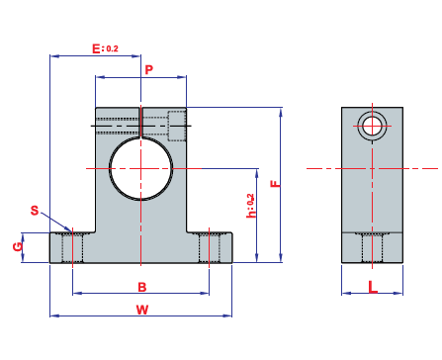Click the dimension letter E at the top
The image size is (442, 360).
pos(96,48)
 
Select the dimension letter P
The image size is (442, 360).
pos(149,70)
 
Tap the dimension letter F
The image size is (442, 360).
pos(276,184)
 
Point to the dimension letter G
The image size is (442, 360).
pos(18,246)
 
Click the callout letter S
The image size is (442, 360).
pos(35,211)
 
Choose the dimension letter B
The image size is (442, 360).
pos(142,287)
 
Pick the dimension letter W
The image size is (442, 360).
pos(142,310)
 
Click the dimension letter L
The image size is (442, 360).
pos(373,287)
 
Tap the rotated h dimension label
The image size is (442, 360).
pos(251,206)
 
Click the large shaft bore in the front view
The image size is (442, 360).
pos(140,168)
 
